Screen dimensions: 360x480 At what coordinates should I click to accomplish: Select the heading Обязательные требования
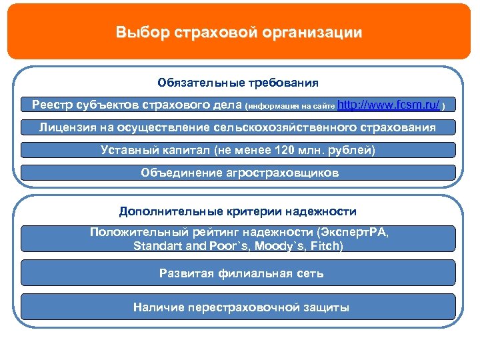[x=238, y=83]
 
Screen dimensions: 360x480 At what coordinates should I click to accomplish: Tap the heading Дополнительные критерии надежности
[x=238, y=211]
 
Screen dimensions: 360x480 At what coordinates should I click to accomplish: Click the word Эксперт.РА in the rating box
[x=353, y=232]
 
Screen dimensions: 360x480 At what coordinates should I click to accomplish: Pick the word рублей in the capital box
[x=355, y=150]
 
